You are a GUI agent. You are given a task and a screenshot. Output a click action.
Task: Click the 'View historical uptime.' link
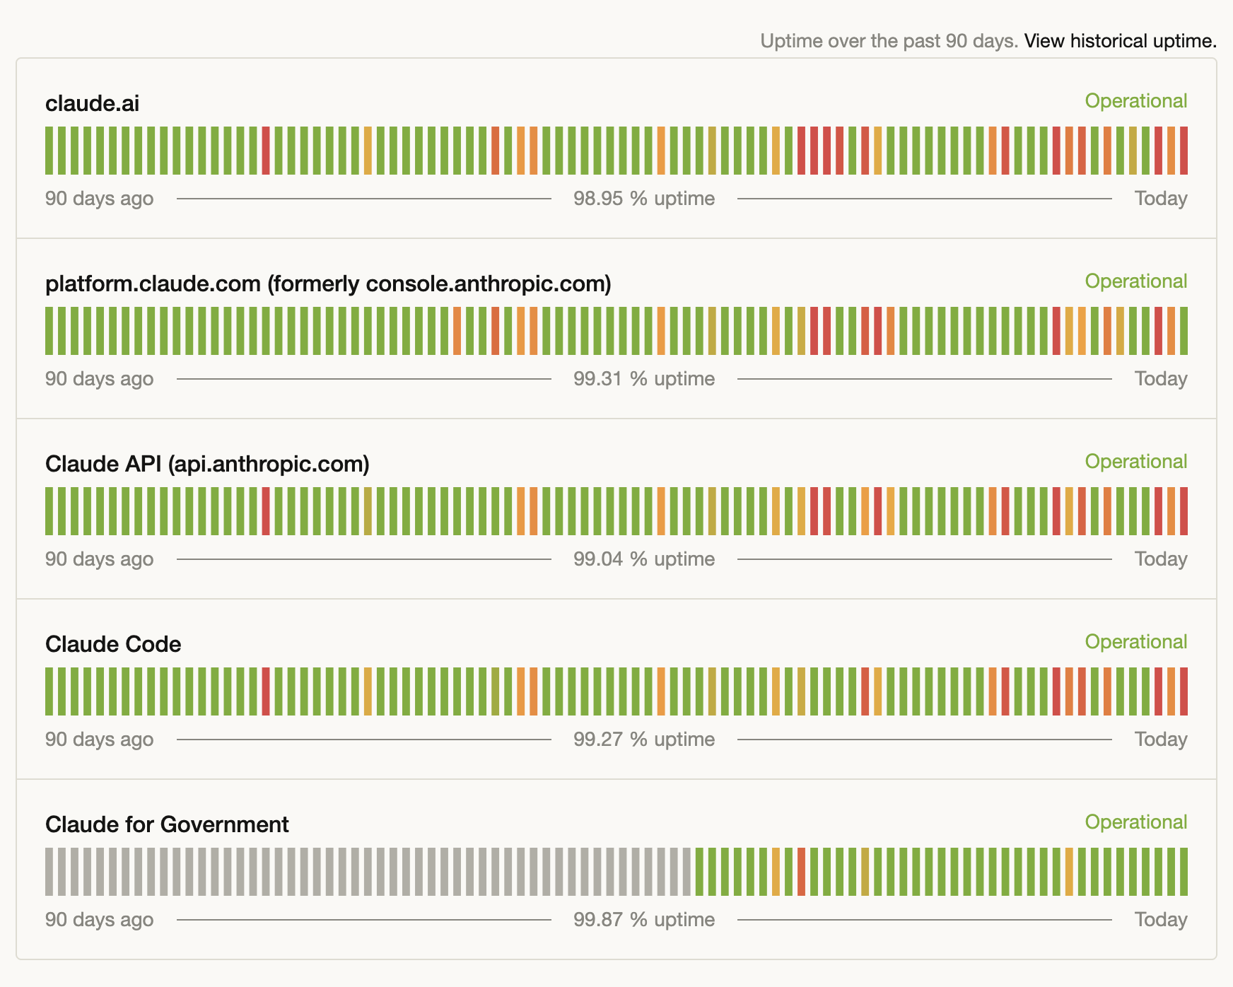[1120, 41]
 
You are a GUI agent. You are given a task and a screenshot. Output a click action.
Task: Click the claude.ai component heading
[92, 104]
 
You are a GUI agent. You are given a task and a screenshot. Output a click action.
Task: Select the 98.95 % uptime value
[643, 199]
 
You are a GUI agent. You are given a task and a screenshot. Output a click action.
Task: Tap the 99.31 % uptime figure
[643, 379]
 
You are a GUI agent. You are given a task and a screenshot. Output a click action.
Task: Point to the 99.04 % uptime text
[643, 559]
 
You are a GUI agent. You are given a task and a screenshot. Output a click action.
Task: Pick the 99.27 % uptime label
[643, 740]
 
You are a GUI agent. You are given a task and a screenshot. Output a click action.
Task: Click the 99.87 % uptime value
[643, 920]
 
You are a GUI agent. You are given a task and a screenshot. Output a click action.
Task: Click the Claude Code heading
[113, 644]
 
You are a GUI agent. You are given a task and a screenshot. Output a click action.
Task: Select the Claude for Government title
[167, 824]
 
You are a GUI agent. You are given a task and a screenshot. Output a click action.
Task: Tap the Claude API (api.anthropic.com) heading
[207, 464]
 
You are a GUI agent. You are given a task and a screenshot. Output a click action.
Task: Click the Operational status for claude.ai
[1135, 101]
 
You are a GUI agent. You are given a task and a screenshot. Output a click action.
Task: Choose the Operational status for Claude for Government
[1135, 822]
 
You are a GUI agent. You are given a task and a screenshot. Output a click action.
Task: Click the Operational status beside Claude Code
[1135, 642]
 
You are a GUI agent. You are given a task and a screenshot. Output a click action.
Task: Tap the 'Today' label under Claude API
[1160, 559]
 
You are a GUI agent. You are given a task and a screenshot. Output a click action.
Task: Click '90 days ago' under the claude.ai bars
[99, 199]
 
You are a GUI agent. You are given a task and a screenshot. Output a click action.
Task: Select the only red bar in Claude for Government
[801, 872]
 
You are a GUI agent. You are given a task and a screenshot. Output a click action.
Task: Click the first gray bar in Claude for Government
[49, 872]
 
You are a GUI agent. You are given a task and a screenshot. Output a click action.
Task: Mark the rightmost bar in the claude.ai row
[1184, 151]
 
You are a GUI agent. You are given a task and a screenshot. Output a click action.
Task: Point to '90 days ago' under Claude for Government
[99, 920]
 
